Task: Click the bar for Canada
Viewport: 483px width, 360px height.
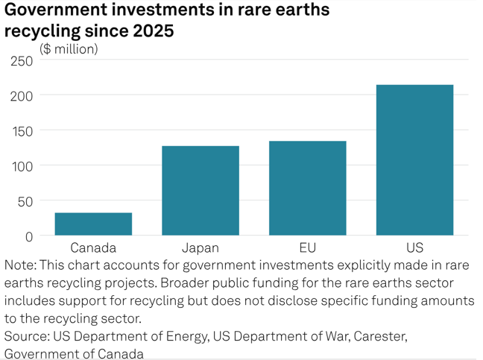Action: [x=93, y=224]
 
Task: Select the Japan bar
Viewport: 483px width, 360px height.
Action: [x=201, y=191]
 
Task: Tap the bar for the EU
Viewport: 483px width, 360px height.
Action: [x=307, y=188]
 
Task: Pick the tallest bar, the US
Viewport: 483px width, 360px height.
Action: [x=414, y=160]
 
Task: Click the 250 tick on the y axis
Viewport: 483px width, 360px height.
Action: [x=22, y=60]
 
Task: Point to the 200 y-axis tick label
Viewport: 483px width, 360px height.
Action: [x=22, y=95]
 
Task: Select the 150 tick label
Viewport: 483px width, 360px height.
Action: [x=22, y=130]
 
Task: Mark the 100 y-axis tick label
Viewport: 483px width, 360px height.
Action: [x=22, y=165]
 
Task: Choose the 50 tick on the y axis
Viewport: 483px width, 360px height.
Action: [x=25, y=201]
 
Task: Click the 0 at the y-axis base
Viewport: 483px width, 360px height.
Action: [x=29, y=236]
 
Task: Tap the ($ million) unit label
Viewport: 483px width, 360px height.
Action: [x=69, y=49]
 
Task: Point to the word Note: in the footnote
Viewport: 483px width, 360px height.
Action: [x=19, y=265]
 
